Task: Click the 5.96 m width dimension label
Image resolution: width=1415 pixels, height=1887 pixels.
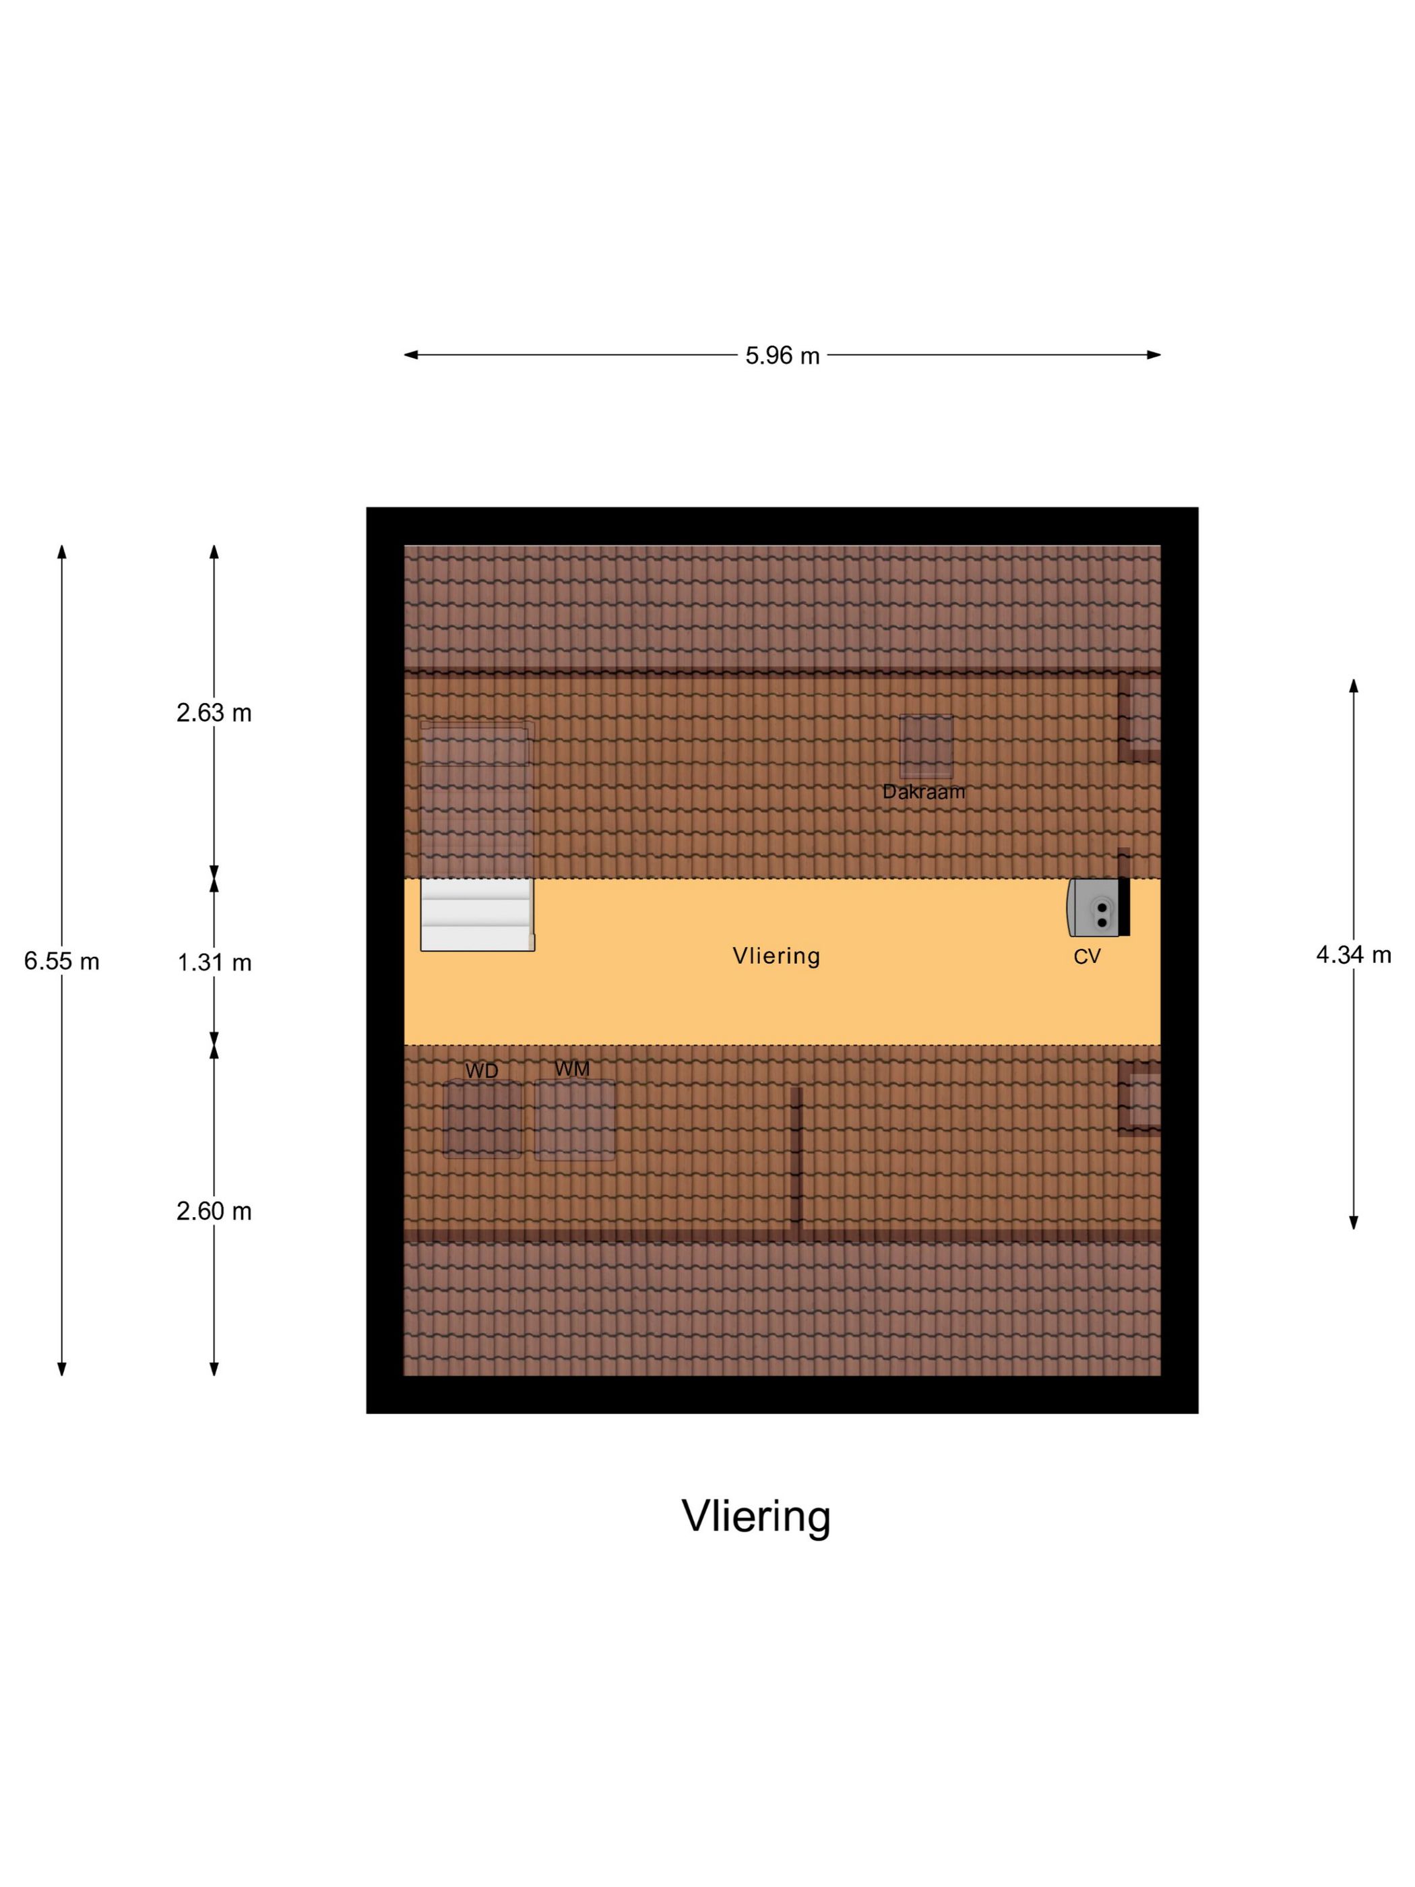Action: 782,356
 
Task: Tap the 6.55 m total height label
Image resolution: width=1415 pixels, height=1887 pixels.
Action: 61,962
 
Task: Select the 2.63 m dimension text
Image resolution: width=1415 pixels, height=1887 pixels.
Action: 214,712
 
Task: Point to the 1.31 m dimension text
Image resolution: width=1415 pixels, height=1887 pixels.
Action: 214,962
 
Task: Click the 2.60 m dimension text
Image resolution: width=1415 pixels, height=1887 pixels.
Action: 214,1210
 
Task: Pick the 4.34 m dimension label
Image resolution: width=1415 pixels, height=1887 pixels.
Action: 1354,954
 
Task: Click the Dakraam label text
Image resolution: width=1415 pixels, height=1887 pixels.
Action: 924,792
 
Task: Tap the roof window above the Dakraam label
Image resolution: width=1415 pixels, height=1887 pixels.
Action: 926,747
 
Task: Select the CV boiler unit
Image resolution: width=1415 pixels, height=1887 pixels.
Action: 1098,907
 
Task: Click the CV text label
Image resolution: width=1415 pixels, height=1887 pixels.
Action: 1087,956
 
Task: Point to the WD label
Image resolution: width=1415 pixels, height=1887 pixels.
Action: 482,1071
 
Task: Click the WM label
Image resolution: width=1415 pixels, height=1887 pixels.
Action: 571,1068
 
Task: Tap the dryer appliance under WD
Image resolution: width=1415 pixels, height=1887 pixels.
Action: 482,1118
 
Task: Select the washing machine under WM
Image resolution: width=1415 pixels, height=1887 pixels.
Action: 574,1119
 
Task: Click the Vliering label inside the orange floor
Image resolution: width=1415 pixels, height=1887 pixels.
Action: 776,956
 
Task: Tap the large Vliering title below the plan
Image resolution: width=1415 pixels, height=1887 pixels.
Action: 756,1515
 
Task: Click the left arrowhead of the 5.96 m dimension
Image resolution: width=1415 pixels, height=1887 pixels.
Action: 410,355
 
